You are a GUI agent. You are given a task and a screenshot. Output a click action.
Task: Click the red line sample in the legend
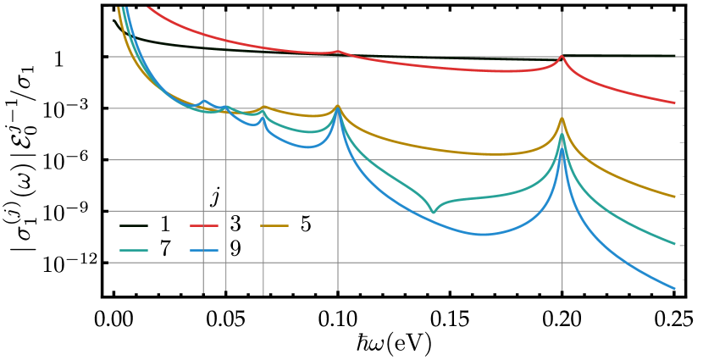coord(203,226)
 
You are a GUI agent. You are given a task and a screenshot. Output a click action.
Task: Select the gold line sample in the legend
coord(274,226)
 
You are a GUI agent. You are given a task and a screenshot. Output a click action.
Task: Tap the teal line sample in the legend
coord(133,251)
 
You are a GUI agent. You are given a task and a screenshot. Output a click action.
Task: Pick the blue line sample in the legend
coord(203,251)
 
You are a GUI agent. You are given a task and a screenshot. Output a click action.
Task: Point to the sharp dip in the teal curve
coord(433,212)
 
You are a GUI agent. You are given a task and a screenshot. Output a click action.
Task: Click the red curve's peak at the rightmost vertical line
coord(562,56)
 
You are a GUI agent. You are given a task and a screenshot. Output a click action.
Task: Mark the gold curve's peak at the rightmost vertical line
coord(562,118)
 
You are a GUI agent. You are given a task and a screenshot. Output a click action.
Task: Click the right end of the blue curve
coord(675,289)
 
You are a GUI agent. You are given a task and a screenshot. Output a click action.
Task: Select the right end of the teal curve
coord(675,244)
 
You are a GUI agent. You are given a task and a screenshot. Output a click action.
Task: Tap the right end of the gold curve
coord(675,197)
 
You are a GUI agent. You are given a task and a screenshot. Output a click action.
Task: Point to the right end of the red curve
coord(675,103)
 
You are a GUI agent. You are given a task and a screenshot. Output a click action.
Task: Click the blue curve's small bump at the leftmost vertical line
coord(203,100)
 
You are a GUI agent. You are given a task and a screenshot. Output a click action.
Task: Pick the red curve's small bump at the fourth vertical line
coord(338,52)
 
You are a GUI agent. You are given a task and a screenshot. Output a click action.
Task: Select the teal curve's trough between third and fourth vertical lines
coord(310,132)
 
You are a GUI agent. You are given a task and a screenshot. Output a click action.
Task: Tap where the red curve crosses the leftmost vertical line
coord(203,34)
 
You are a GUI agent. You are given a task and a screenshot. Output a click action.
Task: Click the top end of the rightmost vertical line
coord(562,12)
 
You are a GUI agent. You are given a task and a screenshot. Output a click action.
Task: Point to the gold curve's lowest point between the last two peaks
coord(495,154)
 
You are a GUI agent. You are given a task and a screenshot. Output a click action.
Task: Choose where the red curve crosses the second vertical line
coord(226,40)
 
